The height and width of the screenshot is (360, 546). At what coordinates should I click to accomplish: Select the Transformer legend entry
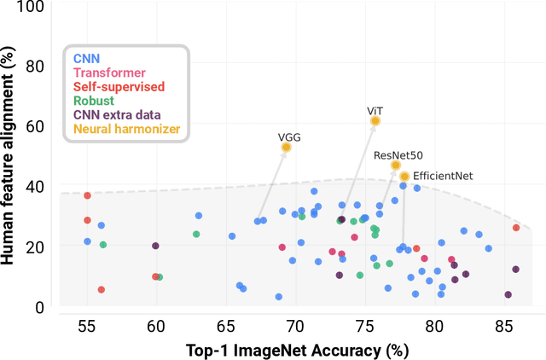[109, 74]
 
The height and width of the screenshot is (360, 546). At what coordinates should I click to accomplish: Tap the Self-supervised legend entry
[119, 87]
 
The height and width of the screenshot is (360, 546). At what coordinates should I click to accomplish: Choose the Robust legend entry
[95, 102]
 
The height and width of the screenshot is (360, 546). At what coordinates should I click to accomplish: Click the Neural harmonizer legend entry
[127, 129]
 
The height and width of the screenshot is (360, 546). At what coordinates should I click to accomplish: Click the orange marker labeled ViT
[375, 121]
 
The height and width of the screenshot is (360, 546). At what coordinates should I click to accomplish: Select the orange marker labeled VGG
[286, 148]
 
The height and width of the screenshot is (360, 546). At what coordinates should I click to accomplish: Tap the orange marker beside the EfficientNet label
[404, 177]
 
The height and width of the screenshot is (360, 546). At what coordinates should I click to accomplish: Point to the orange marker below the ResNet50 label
[396, 165]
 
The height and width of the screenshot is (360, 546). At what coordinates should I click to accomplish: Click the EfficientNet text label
[443, 177]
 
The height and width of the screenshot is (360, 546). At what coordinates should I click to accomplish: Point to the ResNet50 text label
[398, 155]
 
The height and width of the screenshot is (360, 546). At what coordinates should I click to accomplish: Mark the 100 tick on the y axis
[33, 7]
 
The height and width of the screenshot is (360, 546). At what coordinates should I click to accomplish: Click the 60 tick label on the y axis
[36, 126]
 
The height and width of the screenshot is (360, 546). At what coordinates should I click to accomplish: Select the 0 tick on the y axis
[39, 306]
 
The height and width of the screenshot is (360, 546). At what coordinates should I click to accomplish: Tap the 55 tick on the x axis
[87, 327]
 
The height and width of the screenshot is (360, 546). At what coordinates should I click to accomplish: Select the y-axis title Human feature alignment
[10, 157]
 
